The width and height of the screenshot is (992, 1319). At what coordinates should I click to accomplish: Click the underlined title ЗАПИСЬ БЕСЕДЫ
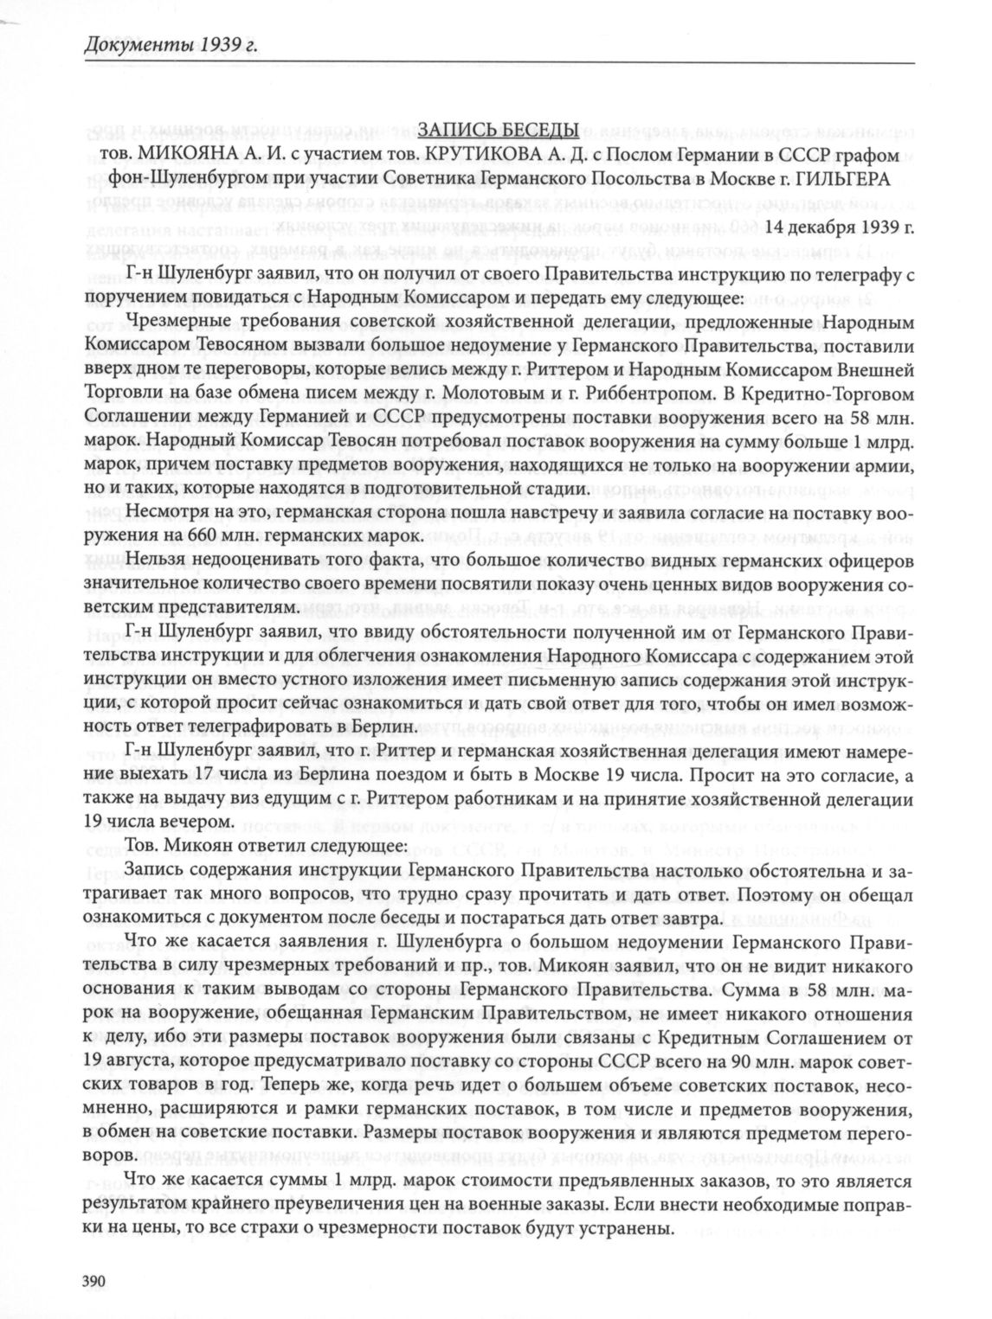(498, 131)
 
